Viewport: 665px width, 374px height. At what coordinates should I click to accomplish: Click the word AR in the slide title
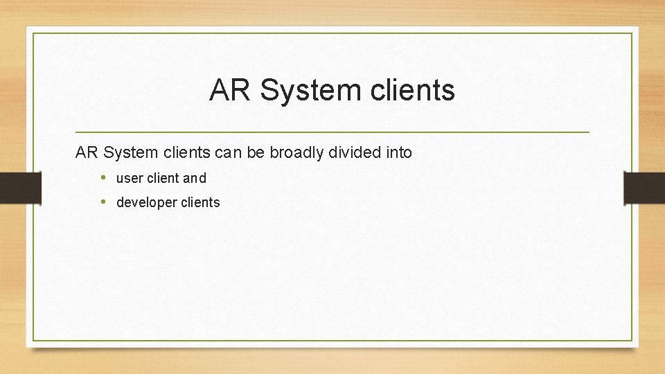pyautogui.click(x=231, y=91)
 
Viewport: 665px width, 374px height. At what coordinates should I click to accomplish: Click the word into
pyautogui.click(x=399, y=152)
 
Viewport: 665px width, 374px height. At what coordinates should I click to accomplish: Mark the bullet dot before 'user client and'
pyautogui.click(x=103, y=177)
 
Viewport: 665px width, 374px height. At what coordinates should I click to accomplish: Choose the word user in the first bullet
pyautogui.click(x=130, y=178)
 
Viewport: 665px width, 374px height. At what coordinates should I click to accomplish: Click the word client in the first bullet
pyautogui.click(x=163, y=178)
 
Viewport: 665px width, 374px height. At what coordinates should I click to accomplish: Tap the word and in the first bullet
pyautogui.click(x=195, y=178)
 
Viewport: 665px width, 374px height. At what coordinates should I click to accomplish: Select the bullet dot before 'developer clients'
pyautogui.click(x=103, y=202)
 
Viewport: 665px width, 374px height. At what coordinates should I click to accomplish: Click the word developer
pyautogui.click(x=148, y=203)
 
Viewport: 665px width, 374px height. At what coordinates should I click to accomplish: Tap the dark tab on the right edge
pyautogui.click(x=645, y=187)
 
